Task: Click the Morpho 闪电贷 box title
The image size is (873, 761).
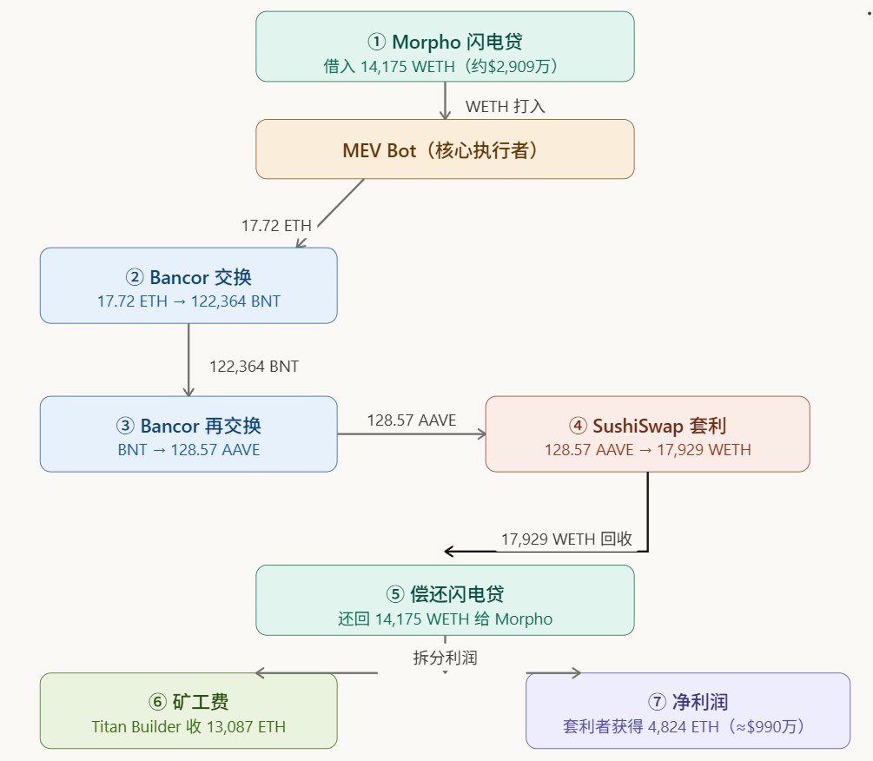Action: click(445, 41)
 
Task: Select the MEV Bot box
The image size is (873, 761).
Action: click(445, 149)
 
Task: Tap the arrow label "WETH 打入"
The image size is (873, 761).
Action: click(505, 106)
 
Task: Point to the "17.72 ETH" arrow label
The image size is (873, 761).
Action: click(276, 226)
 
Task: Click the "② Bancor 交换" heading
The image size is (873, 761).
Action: click(188, 277)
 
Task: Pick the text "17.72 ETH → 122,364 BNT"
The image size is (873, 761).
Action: click(188, 301)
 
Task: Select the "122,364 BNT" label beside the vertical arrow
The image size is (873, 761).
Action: click(254, 367)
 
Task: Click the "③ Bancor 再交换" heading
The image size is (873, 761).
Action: click(188, 426)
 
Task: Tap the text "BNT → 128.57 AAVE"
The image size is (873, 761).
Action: click(188, 450)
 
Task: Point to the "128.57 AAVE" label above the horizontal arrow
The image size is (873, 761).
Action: click(411, 420)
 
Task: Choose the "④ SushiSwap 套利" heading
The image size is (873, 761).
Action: click(647, 426)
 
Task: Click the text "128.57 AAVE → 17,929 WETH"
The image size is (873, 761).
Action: click(647, 450)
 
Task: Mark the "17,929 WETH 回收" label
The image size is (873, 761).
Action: click(566, 539)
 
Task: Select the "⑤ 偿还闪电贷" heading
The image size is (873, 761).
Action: click(445, 594)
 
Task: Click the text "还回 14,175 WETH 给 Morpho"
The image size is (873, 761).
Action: click(445, 619)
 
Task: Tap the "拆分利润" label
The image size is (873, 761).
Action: click(445, 658)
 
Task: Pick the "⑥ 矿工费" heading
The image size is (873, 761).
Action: click(188, 702)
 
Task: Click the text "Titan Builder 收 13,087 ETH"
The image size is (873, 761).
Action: click(188, 726)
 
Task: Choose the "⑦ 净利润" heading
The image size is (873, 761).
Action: click(687, 702)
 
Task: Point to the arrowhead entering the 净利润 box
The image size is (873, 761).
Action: click(576, 673)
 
